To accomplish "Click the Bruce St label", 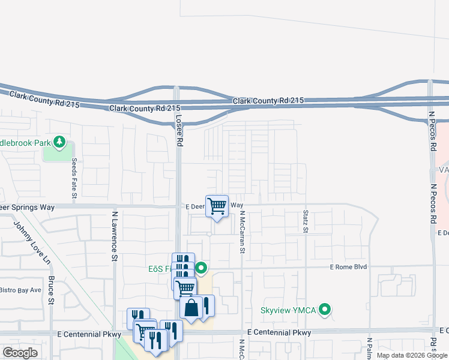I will point(51,290).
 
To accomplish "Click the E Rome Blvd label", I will point(348,267).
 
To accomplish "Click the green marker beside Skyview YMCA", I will point(325,310).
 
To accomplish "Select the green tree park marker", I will point(59,142).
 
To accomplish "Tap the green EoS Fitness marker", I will point(202,268).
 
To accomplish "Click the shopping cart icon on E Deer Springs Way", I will point(217,206).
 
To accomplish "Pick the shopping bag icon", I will point(191,308).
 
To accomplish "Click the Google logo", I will point(20,352).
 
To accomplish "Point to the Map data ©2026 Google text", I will point(412,355).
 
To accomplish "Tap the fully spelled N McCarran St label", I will point(243,232).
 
